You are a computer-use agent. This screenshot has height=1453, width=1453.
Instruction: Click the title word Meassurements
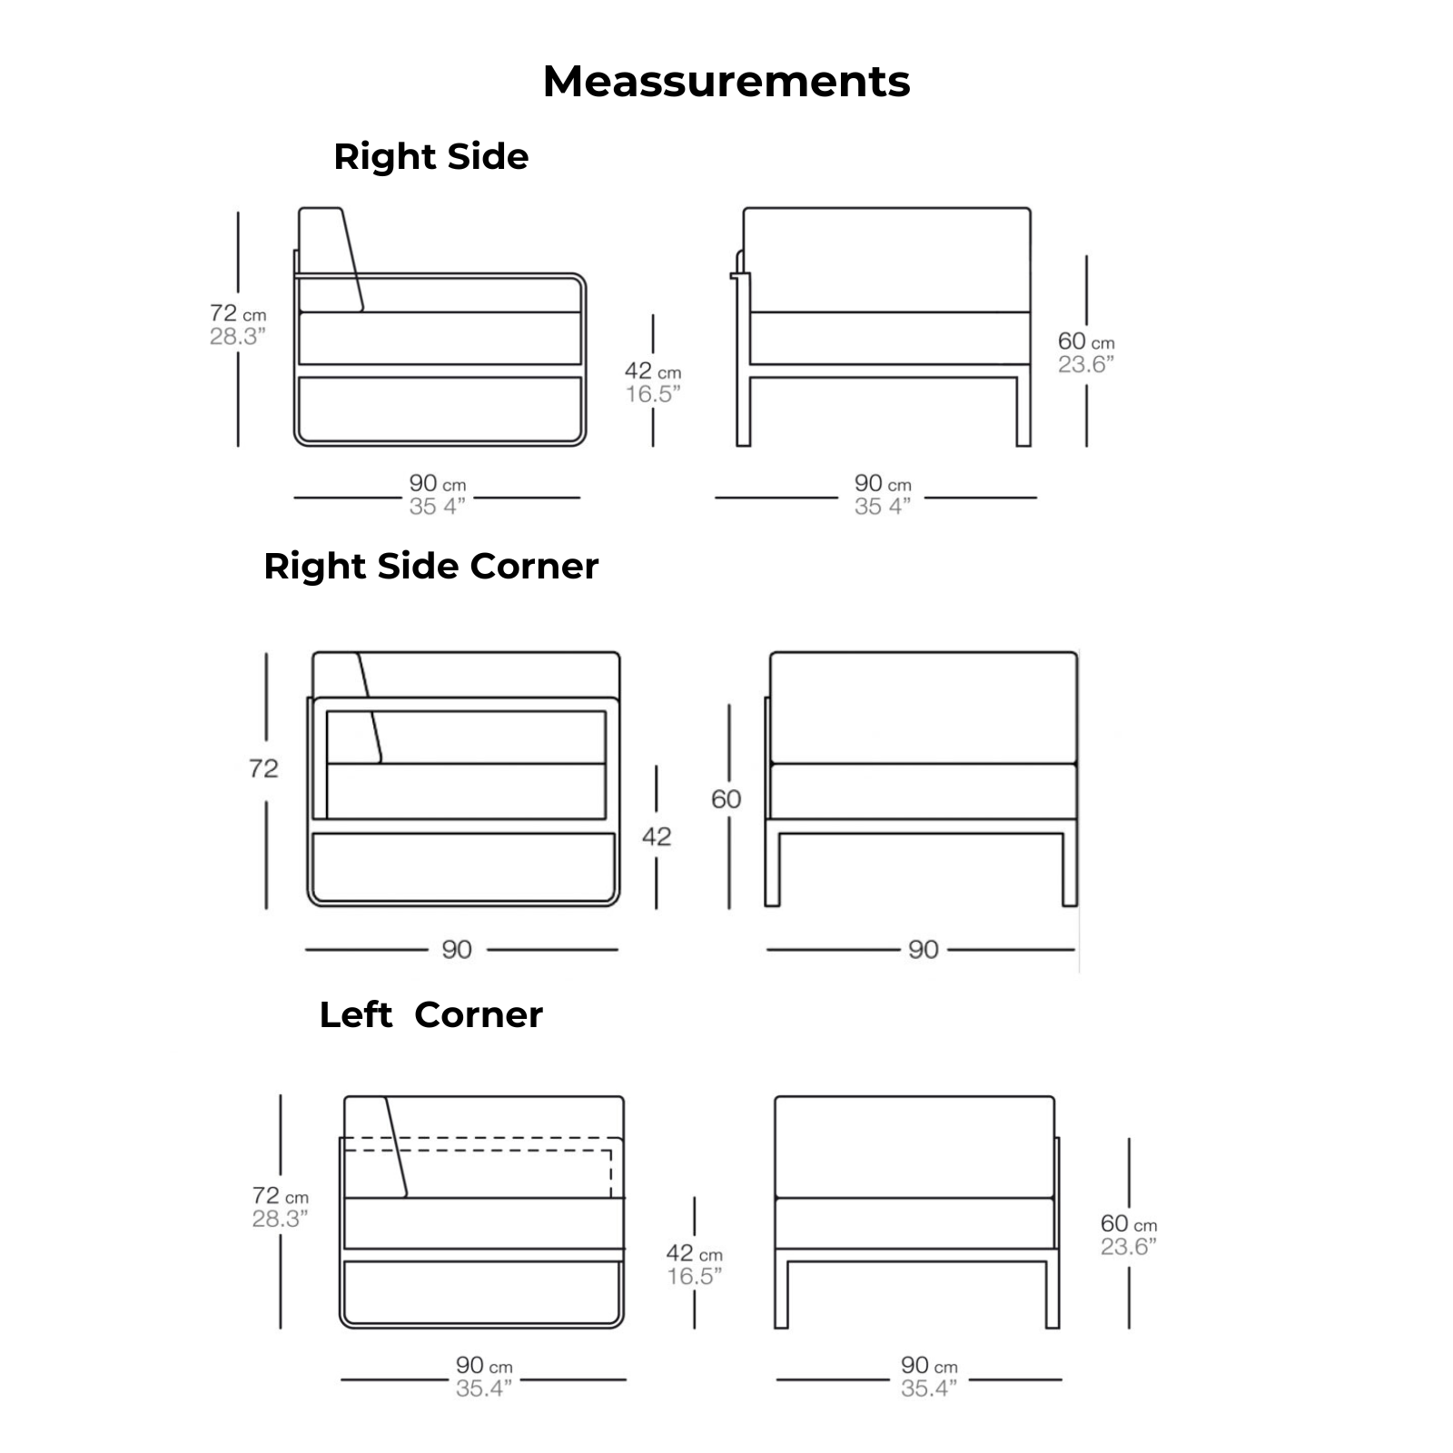726,82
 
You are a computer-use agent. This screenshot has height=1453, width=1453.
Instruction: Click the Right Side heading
430,157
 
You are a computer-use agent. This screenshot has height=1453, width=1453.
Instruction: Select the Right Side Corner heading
430,567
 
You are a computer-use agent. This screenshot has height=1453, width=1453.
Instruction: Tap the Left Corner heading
430,1014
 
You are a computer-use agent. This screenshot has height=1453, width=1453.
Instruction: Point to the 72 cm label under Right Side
237,314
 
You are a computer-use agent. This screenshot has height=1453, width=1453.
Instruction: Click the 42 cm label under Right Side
652,371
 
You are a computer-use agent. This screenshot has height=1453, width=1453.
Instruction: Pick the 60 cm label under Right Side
1085,341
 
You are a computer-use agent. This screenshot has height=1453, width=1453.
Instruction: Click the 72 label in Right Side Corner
263,769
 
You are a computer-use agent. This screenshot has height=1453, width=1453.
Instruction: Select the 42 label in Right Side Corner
657,836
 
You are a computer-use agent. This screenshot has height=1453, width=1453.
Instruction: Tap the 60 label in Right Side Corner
726,799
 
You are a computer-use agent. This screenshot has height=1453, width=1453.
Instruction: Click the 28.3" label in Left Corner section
280,1220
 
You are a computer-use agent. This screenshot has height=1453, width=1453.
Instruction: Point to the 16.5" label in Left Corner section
694,1277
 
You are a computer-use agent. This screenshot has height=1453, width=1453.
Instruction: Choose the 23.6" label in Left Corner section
1129,1247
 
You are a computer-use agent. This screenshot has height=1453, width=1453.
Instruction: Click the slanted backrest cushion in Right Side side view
331,259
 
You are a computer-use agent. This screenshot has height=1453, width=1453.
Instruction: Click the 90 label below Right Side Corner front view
923,950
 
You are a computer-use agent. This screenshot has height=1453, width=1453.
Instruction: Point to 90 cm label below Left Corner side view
484,1366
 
